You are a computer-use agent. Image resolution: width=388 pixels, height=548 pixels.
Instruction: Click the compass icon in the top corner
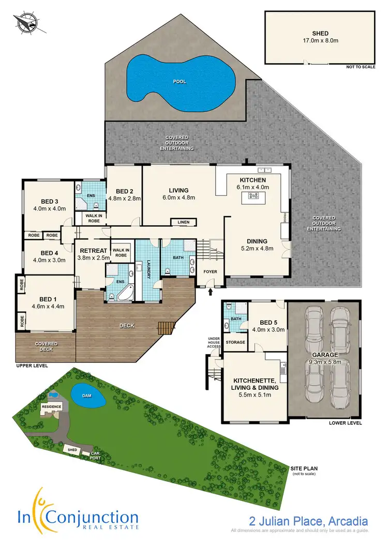point(24,23)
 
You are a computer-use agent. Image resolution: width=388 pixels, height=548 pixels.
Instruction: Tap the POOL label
point(180,82)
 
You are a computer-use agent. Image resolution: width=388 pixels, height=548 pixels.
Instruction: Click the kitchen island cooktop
point(254,195)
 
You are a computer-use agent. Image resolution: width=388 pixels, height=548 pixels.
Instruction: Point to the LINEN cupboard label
point(183,222)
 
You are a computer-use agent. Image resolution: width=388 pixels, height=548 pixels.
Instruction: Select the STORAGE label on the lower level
point(235,342)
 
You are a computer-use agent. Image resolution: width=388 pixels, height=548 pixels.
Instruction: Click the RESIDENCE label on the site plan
point(52,406)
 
